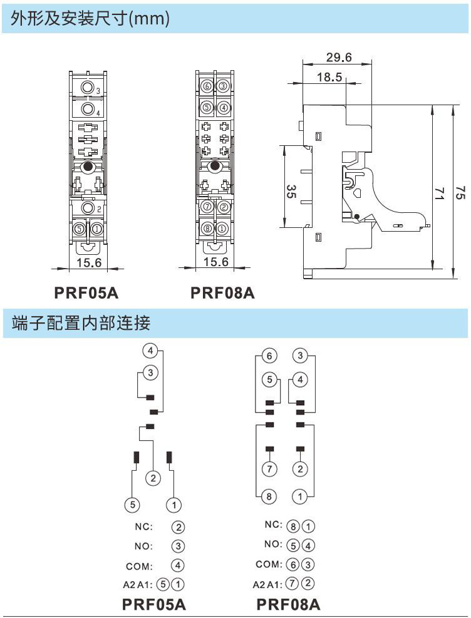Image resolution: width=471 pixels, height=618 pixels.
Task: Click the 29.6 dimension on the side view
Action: click(x=339, y=58)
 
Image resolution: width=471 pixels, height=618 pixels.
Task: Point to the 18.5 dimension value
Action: click(x=329, y=78)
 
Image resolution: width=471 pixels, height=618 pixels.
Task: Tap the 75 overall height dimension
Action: click(x=460, y=193)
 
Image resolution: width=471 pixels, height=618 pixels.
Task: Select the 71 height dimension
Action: click(x=440, y=193)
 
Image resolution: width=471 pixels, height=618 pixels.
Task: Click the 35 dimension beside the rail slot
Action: click(x=291, y=191)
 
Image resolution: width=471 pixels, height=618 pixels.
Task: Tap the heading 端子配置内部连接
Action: click(x=81, y=324)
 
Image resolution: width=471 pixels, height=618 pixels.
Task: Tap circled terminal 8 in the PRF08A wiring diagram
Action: click(x=269, y=497)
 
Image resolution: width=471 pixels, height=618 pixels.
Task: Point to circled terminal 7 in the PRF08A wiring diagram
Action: click(x=269, y=469)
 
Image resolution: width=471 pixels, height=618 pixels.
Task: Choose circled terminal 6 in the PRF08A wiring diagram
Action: click(x=269, y=356)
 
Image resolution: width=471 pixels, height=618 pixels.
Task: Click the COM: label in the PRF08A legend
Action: click(x=269, y=564)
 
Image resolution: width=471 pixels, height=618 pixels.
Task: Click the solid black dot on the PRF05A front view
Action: click(x=88, y=167)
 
